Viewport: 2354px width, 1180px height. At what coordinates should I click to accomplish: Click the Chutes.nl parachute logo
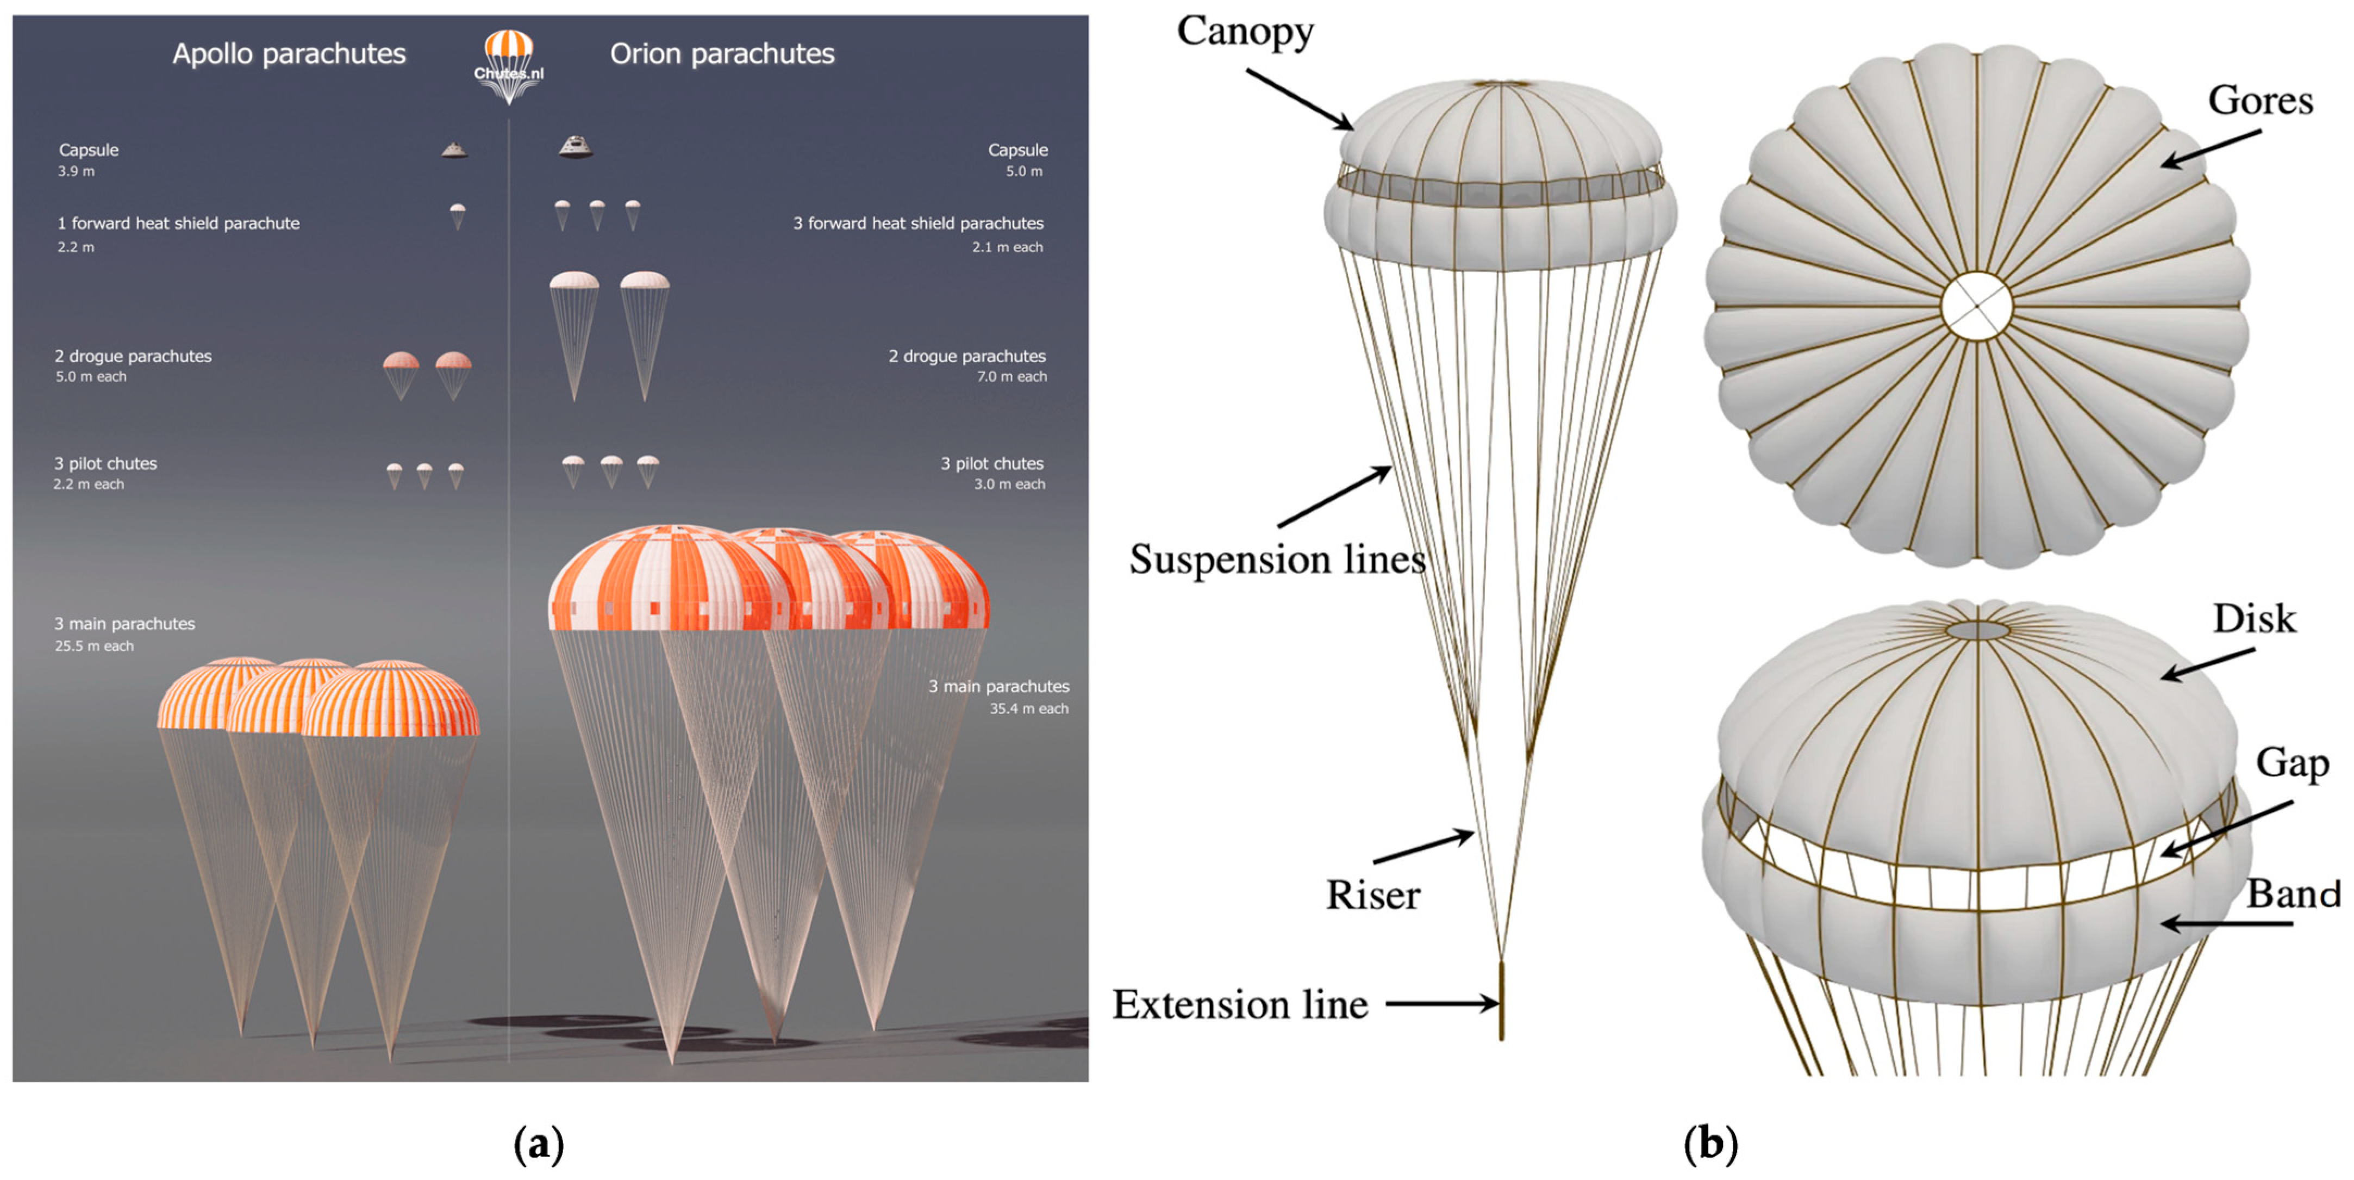tap(508, 64)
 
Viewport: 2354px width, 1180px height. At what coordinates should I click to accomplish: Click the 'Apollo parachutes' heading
tap(289, 54)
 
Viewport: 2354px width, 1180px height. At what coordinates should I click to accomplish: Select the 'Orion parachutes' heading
tap(722, 54)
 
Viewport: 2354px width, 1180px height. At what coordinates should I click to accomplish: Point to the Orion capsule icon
tap(575, 146)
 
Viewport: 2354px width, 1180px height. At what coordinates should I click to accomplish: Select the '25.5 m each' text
tap(94, 646)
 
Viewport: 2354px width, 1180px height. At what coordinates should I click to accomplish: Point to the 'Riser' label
tap(1372, 895)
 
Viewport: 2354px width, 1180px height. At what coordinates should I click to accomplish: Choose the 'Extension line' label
tap(1240, 1004)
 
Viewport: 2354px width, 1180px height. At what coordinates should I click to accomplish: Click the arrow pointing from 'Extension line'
tap(1442, 1004)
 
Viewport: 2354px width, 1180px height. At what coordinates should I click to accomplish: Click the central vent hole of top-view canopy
tap(1976, 306)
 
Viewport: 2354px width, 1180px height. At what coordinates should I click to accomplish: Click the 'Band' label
tap(2294, 894)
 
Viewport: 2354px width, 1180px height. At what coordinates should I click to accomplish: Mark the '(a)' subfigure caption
tap(539, 1144)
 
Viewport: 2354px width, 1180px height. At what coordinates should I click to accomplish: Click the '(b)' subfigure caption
tap(1710, 1144)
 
